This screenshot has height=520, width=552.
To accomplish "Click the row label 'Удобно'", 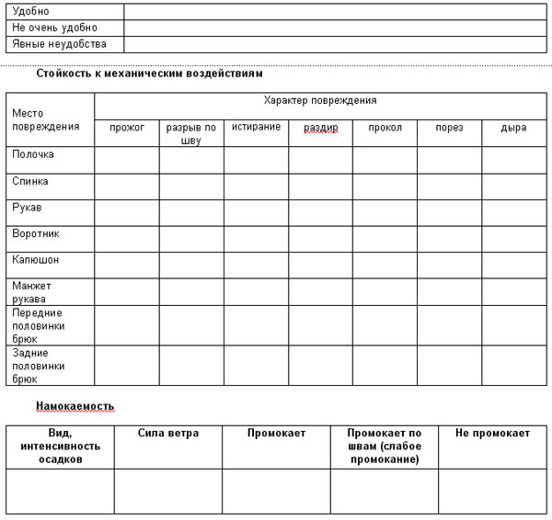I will [30, 11].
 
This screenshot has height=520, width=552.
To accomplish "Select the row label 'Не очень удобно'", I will [54, 28].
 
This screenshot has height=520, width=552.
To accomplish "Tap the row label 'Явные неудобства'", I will [59, 43].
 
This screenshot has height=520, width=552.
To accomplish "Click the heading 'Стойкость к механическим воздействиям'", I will [149, 73].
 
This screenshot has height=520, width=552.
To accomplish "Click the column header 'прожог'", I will [127, 128].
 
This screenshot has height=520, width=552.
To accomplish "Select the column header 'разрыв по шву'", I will [191, 134].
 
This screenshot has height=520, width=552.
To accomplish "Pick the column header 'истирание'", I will [256, 127].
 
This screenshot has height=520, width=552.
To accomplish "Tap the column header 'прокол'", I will [385, 128].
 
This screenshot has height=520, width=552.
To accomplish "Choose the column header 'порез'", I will [449, 128].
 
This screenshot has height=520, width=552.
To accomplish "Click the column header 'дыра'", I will [513, 128].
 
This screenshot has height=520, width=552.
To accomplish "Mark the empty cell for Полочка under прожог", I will [127, 160].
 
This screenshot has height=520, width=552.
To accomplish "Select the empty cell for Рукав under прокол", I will [385, 213].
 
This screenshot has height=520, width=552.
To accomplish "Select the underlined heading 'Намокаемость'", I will [75, 405].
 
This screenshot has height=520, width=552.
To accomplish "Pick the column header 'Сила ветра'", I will [168, 433].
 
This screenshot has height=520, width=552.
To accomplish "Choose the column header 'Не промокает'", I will [492, 433].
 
